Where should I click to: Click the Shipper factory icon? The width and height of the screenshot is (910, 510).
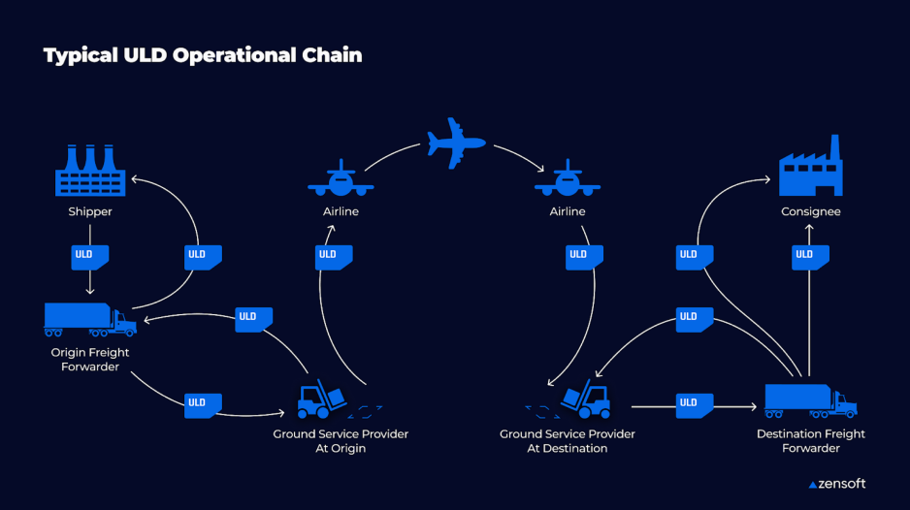89,173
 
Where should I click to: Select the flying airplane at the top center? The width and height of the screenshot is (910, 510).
454,143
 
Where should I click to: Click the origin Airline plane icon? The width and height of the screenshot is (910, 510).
341,179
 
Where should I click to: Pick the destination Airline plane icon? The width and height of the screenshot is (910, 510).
568,179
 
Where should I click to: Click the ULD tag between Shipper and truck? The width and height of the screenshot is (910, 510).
90,257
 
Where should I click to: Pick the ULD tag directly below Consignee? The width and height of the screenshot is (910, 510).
809,257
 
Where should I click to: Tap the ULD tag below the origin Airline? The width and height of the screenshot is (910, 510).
333,257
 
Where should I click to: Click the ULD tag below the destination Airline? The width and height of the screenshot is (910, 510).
582,257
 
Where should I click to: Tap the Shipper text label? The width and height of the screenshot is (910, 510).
90,211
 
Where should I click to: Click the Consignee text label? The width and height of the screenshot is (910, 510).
811,211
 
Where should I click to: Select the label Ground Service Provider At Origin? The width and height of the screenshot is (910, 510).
341,441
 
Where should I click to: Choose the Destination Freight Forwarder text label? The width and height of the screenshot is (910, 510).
811,441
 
